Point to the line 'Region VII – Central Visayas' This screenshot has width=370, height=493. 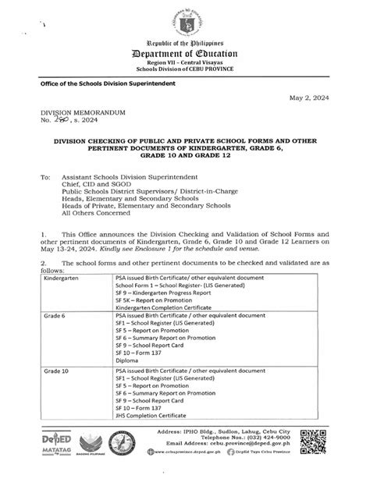[x=185, y=80]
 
